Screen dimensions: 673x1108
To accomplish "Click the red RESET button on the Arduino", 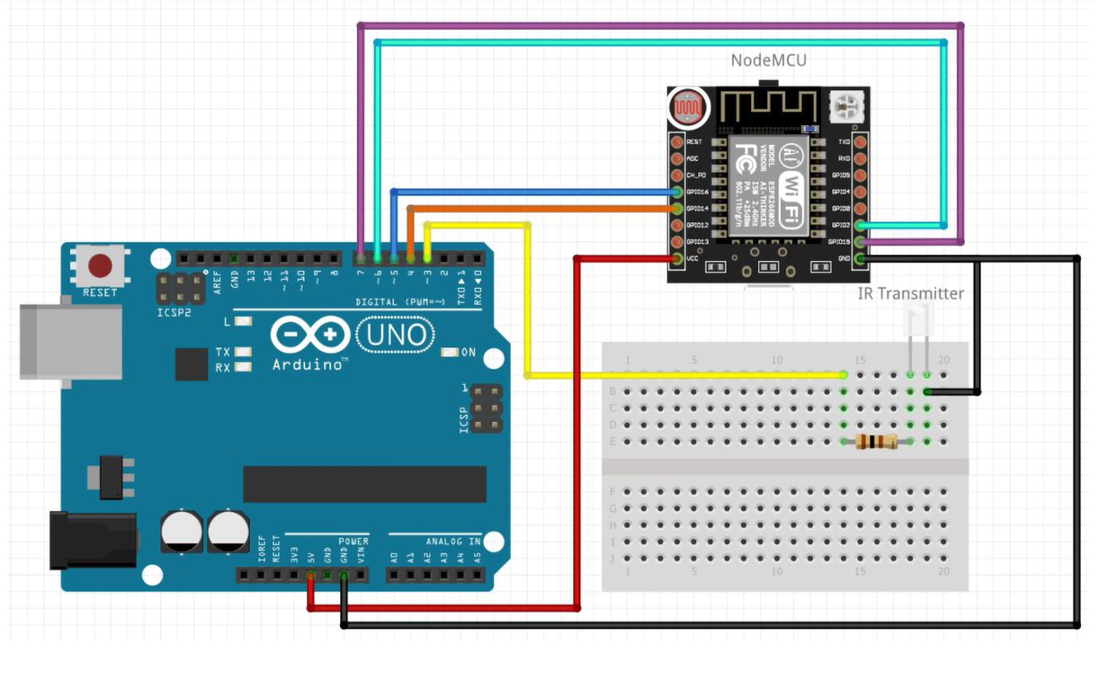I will (x=100, y=265).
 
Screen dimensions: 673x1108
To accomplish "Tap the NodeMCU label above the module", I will (x=768, y=60).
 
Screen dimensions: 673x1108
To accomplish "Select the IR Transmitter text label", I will (x=910, y=293).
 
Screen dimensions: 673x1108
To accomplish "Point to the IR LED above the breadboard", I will (x=918, y=319).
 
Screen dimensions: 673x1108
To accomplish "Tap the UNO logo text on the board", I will (x=396, y=336).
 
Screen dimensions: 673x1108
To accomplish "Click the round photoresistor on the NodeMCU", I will (x=688, y=109).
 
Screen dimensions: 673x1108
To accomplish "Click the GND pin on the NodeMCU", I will (x=861, y=259).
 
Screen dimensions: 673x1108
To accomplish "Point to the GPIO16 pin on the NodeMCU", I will (x=676, y=192).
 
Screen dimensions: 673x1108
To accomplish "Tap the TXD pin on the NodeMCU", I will (x=861, y=141).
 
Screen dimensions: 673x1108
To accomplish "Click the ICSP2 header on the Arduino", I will (x=180, y=289).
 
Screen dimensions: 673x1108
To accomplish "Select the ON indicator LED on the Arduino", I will (x=450, y=352).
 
